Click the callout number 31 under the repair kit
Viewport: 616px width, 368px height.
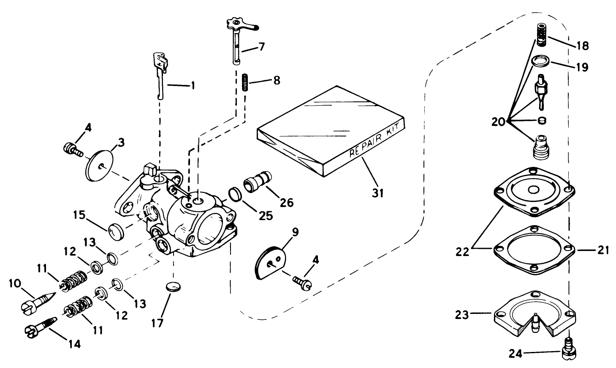click(377, 193)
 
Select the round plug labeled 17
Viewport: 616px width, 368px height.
click(171, 286)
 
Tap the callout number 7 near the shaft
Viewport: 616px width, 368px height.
click(261, 46)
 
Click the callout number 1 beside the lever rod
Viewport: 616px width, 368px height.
click(193, 85)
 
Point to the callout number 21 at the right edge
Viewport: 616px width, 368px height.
click(602, 250)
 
